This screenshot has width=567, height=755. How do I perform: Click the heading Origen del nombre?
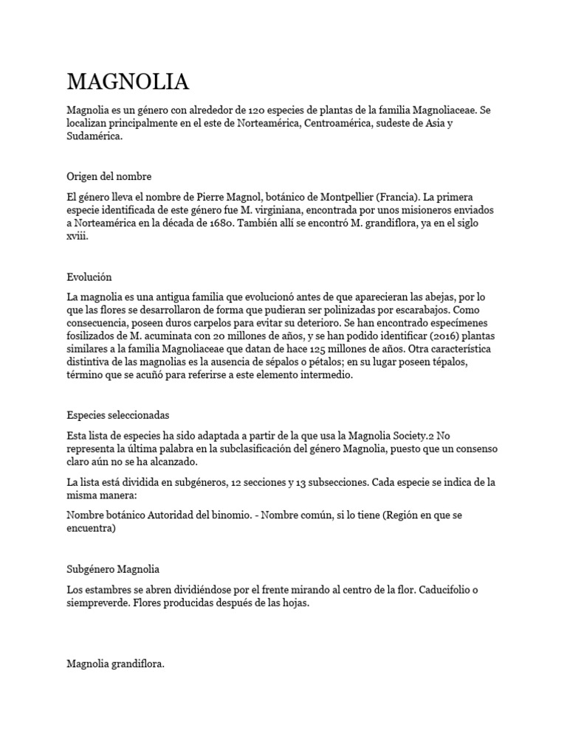tap(109, 176)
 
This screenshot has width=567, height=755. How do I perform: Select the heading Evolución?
tap(89, 276)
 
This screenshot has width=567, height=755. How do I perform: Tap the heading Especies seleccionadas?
tap(118, 415)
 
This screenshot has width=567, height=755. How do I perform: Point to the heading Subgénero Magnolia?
tap(113, 570)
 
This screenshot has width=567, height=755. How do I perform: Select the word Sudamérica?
tap(94, 136)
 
